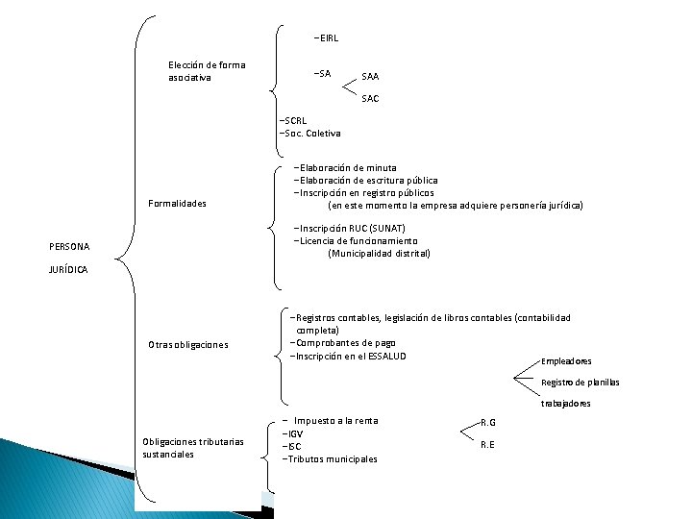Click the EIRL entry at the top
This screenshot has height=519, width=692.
327,38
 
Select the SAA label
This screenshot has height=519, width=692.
370,76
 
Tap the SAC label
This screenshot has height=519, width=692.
370,98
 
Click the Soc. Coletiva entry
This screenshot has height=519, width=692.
309,133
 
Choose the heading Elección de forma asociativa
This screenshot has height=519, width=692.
206,71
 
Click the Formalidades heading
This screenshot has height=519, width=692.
178,204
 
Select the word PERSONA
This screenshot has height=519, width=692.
69,247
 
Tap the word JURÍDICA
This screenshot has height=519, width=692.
68,270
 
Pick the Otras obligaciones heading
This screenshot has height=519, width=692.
188,344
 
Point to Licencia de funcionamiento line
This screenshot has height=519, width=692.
357,240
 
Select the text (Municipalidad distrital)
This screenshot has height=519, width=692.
379,253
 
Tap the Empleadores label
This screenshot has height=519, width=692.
566,361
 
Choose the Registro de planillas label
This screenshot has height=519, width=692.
580,383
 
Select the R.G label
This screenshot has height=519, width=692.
488,423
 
